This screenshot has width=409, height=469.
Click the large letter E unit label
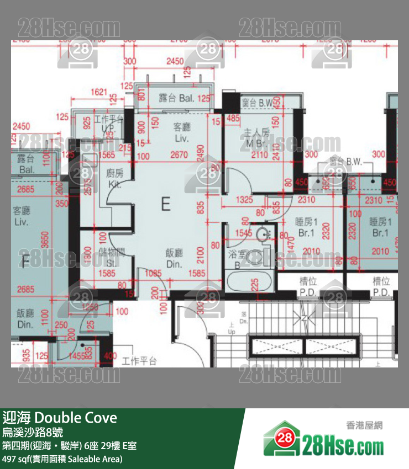[165, 204]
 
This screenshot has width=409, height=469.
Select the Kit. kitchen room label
[114, 178]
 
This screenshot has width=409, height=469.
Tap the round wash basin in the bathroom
[264, 234]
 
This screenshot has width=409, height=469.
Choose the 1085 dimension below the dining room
[153, 272]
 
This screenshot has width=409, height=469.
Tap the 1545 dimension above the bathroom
[243, 233]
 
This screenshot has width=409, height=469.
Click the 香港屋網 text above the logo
[364, 425]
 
